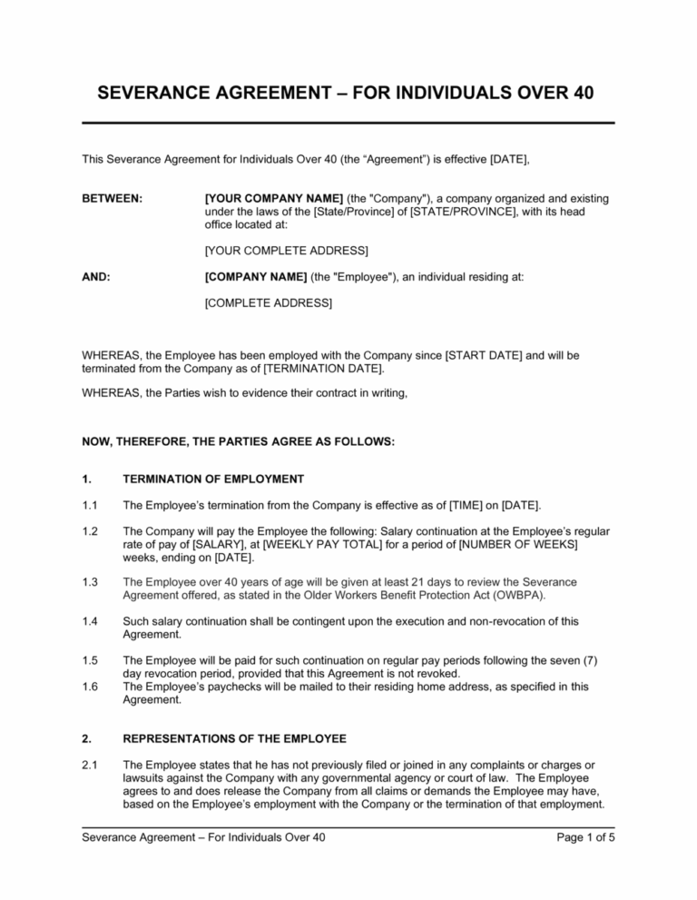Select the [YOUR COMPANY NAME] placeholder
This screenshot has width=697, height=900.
tap(260, 198)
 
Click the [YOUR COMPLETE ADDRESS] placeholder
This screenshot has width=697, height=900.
tap(287, 250)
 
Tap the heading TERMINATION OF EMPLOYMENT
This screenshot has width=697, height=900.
tap(213, 480)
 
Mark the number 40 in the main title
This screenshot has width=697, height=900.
tap(578, 94)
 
